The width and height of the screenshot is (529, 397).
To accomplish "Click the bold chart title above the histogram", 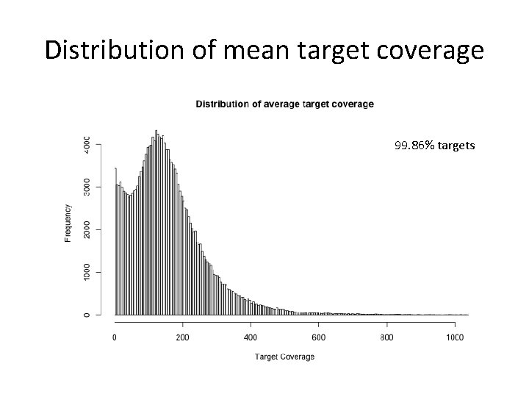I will [x=284, y=104].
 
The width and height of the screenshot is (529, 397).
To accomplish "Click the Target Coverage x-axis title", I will [x=284, y=357].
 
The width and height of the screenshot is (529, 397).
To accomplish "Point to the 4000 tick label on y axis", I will [x=87, y=143].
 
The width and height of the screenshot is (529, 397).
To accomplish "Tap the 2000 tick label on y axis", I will [x=87, y=229].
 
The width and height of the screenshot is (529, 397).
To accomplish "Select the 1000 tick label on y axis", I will [x=87, y=272].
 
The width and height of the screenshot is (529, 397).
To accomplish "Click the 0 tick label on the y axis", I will [x=87, y=315].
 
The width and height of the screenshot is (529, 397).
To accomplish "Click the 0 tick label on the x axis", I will [x=115, y=337].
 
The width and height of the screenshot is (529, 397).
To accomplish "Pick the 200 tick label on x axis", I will [x=182, y=337].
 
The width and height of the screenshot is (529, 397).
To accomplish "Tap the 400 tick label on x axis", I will [x=251, y=337].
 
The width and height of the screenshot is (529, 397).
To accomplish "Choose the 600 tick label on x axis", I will [x=318, y=337].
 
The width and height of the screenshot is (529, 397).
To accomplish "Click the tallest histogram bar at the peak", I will [x=156, y=221].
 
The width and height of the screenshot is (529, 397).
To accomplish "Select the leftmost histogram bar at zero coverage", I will [x=115, y=243].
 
